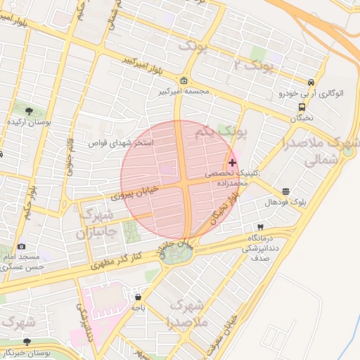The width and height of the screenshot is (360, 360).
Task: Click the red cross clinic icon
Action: click(233, 162)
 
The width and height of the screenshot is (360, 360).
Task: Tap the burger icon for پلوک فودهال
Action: click(285, 191)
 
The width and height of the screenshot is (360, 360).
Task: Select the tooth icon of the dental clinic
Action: click(261, 227)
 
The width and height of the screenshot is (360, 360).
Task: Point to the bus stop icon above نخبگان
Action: click(302, 107)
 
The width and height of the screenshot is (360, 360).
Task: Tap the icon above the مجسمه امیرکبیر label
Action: click(184, 80)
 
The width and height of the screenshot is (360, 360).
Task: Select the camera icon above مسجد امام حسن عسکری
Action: click(22, 247)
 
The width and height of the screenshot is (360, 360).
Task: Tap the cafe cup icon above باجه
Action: click(138, 296)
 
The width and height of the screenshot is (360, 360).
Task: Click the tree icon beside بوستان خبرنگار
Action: click(27, 342)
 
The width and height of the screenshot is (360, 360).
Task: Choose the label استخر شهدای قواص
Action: click(124, 143)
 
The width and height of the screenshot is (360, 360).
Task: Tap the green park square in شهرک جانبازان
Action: click(131, 233)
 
